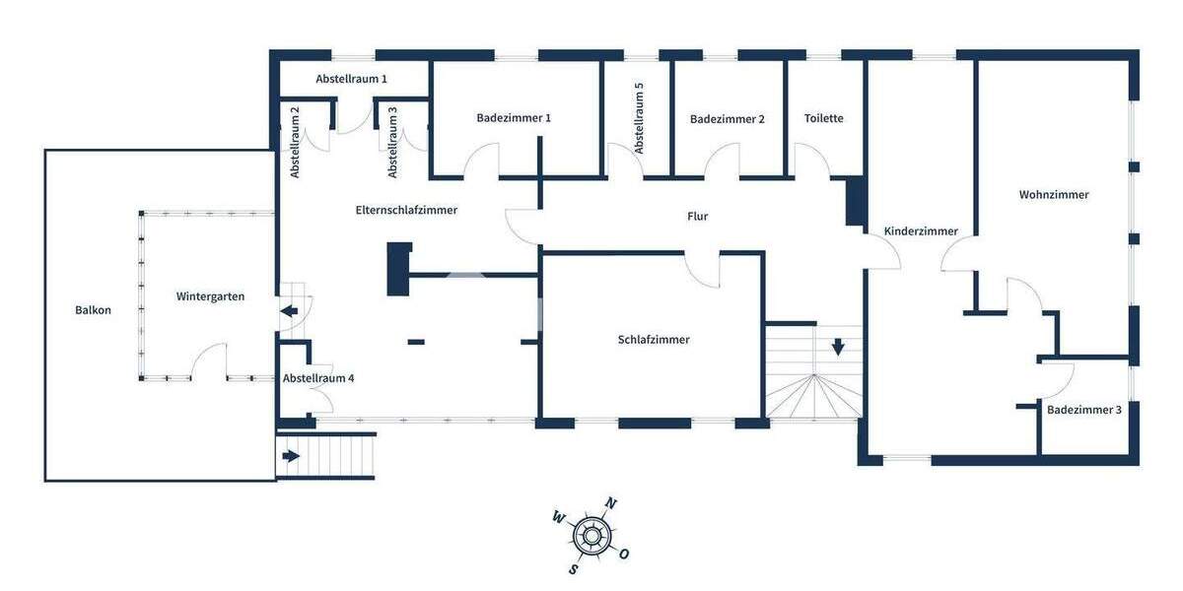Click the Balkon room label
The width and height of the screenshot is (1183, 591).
(93, 310)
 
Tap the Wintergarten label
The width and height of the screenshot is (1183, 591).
(210, 296)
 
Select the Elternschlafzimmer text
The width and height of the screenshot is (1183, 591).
(406, 210)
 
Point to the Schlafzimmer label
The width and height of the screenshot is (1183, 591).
(654, 340)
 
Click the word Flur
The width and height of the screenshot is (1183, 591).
(697, 217)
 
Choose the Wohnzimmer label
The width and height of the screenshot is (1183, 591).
(1054, 195)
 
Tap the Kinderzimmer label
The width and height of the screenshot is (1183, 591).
(921, 231)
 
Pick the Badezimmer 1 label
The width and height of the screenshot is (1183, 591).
(514, 118)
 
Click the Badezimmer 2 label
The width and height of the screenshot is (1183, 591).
(728, 119)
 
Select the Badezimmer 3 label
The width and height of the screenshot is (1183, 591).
(1084, 410)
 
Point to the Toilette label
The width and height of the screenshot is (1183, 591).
(824, 118)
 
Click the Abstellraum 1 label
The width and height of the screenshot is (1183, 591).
(351, 79)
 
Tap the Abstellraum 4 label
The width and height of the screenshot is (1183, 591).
(318, 378)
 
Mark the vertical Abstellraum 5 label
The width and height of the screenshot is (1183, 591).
(639, 118)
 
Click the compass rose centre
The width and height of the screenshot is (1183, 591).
(591, 536)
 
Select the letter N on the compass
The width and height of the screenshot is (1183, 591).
(610, 504)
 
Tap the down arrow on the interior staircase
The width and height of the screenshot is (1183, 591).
(838, 347)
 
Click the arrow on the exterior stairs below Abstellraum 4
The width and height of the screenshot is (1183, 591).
(291, 456)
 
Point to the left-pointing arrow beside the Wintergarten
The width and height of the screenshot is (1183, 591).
(290, 312)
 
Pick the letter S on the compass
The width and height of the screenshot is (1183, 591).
(573, 568)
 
